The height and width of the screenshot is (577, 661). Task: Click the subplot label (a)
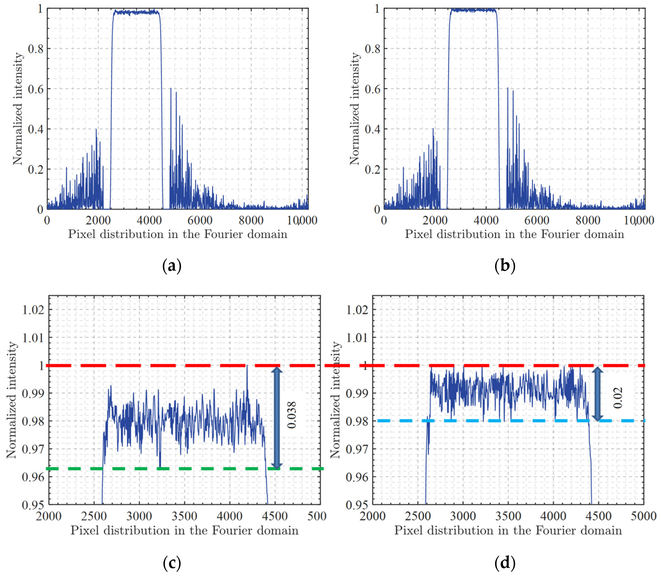pyautogui.click(x=172, y=266)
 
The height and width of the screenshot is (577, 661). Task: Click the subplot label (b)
pyautogui.click(x=505, y=266)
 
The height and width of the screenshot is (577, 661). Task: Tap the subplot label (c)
pyautogui.click(x=172, y=563)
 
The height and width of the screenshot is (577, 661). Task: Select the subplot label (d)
pyautogui.click(x=505, y=563)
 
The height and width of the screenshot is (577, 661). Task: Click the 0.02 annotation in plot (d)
pyautogui.click(x=618, y=398)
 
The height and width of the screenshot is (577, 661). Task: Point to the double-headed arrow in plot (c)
pyautogui.click(x=277, y=418)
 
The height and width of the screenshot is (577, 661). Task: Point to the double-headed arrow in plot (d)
pyautogui.click(x=597, y=394)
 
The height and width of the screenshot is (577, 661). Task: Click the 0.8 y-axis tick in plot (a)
pyautogui.click(x=35, y=49)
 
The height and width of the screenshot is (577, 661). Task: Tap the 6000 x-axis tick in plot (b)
pyautogui.click(x=537, y=221)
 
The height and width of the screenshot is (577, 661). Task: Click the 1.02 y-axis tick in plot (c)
pyautogui.click(x=33, y=310)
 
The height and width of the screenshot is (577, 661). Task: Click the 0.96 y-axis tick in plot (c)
pyautogui.click(x=33, y=477)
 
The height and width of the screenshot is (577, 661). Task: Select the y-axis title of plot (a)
pyautogui.click(x=18, y=109)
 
